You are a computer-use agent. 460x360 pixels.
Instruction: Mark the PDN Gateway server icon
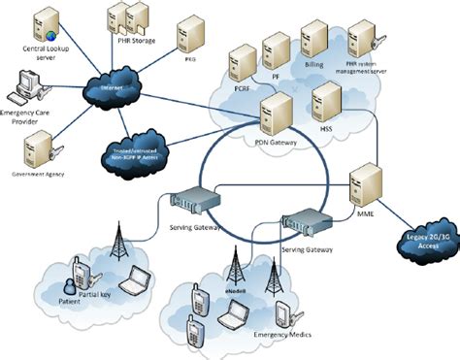tap(279, 114)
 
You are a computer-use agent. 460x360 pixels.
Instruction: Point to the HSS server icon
tap(326, 100)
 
